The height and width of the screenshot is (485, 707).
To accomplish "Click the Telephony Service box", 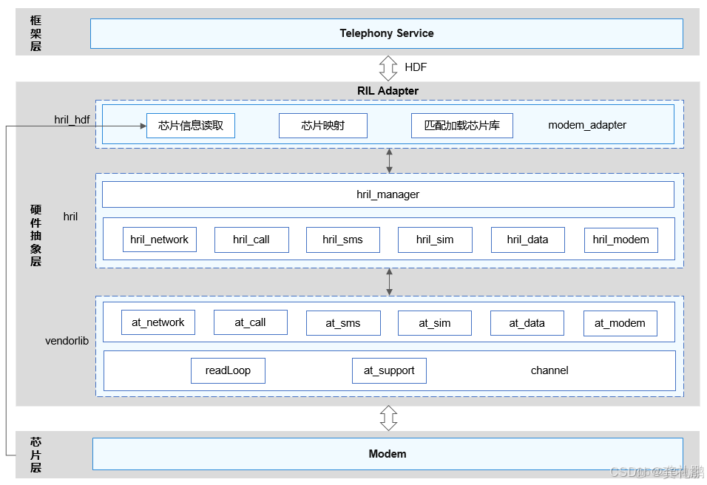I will click(x=386, y=33).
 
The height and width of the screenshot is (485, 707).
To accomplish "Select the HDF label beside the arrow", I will click(x=415, y=67).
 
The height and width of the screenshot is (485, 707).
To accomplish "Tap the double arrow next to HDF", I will click(x=388, y=67).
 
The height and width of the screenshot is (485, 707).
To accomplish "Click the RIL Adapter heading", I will click(x=388, y=91).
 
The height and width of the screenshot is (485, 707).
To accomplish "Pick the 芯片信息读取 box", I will click(x=191, y=126).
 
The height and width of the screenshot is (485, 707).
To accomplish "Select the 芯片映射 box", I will click(x=322, y=126).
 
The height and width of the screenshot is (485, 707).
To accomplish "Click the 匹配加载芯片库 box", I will click(x=461, y=126).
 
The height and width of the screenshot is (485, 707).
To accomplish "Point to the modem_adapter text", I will click(x=586, y=125).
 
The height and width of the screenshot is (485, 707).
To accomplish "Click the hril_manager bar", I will click(x=388, y=194).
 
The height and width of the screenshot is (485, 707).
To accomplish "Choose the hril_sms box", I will click(x=343, y=240).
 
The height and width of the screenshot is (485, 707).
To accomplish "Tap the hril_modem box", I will click(x=620, y=240).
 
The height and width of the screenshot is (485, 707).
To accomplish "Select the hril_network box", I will click(x=160, y=240).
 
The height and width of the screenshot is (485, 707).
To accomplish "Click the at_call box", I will click(x=250, y=322).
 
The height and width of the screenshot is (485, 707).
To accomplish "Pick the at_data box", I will click(x=527, y=323).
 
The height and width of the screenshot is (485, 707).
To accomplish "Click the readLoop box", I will click(x=228, y=370).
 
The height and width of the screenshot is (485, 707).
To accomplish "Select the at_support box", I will click(x=389, y=370).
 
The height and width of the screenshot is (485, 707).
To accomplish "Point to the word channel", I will click(x=549, y=370).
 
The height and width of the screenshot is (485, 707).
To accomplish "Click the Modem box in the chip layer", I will click(x=387, y=453).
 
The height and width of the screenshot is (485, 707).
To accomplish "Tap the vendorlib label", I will click(x=67, y=341).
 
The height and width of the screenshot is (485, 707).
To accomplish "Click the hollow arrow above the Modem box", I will click(x=388, y=418).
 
